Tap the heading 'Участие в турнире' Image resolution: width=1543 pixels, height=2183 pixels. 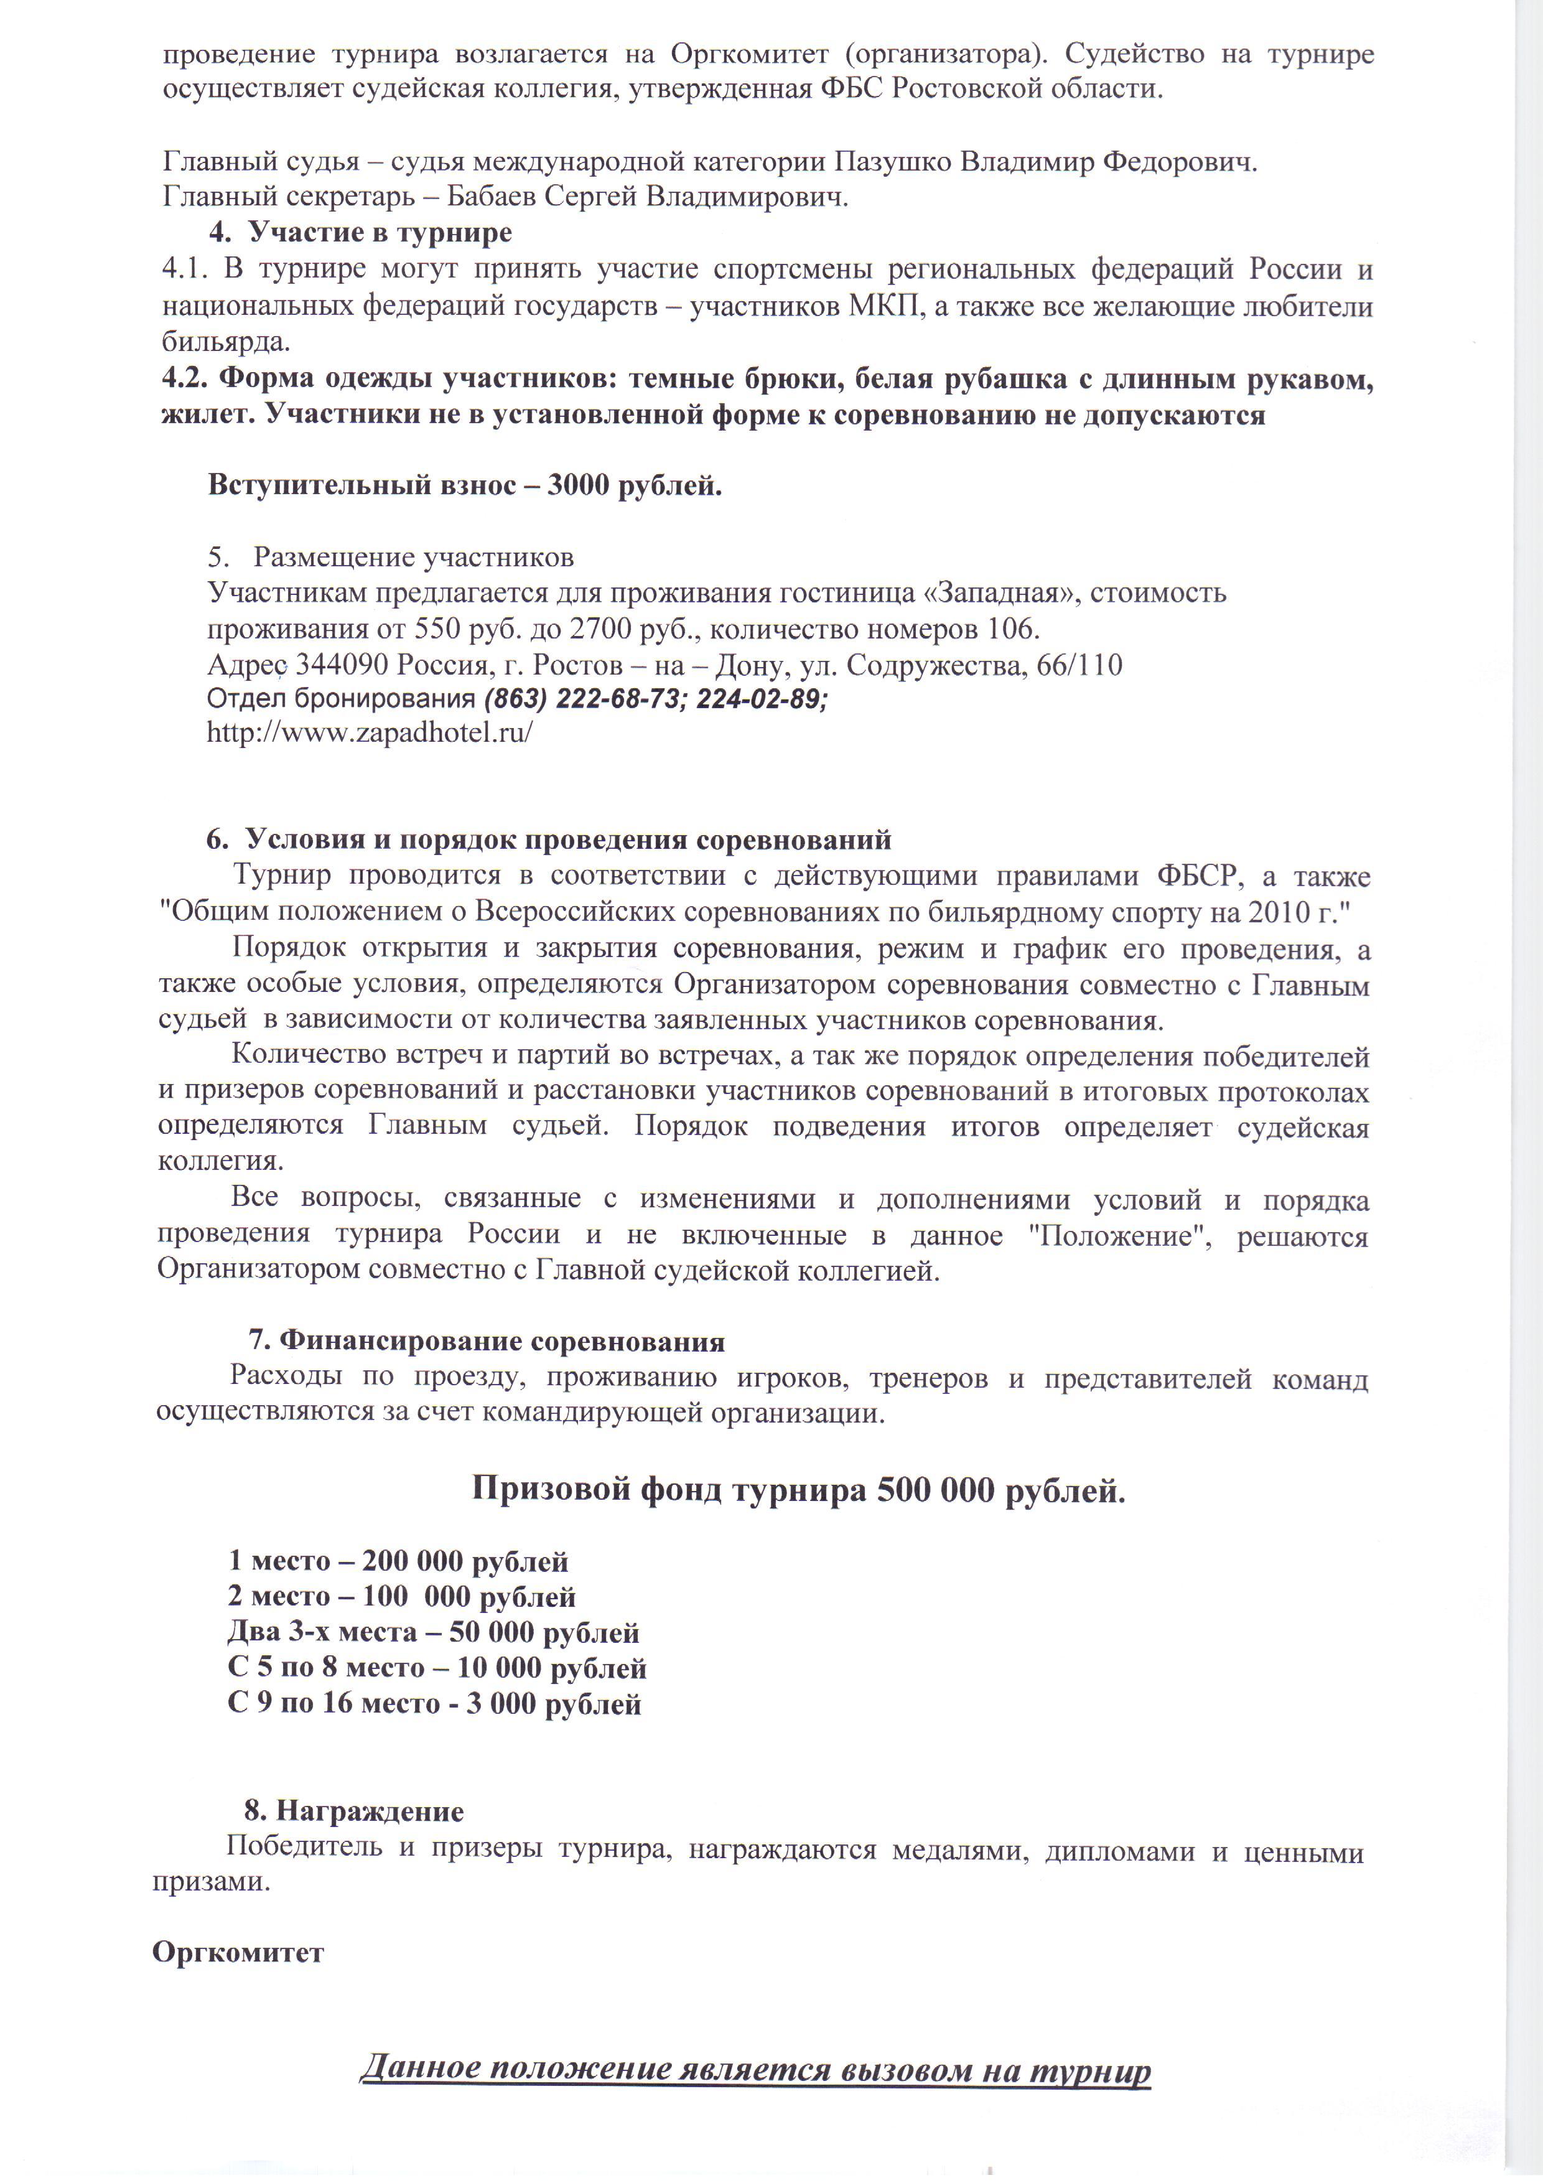point(380,233)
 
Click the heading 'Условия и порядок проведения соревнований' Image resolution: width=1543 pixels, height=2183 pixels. point(567,839)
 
